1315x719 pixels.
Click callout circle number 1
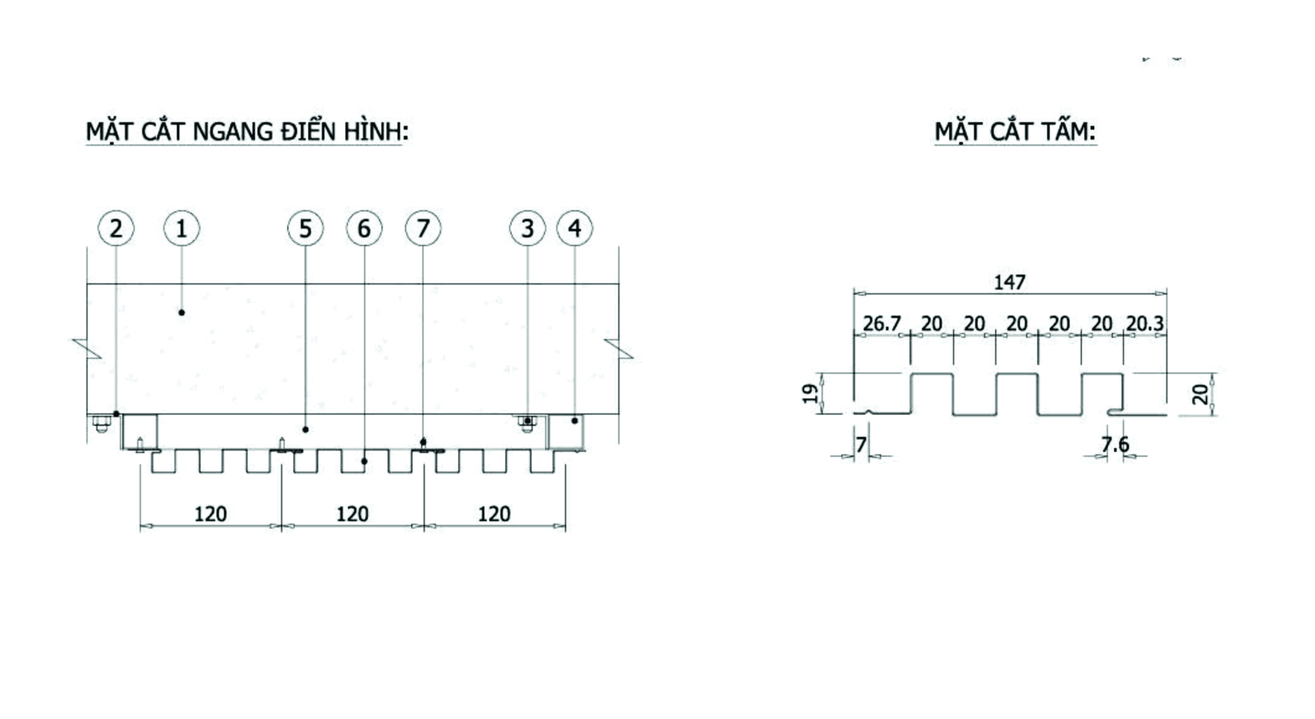(x=181, y=228)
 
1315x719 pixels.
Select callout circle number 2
(x=116, y=228)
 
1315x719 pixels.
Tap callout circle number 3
(x=527, y=228)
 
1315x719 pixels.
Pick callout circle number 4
(x=574, y=228)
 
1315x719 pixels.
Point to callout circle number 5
(x=305, y=228)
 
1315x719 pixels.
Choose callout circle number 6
(x=364, y=228)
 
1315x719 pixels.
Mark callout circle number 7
(x=423, y=228)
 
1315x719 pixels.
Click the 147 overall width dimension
(x=1009, y=282)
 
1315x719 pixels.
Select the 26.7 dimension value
(x=881, y=323)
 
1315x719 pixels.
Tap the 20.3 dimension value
(x=1145, y=323)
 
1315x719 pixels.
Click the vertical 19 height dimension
(x=810, y=393)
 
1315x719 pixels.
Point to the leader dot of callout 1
(x=181, y=312)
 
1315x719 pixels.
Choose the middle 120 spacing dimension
(x=352, y=514)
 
